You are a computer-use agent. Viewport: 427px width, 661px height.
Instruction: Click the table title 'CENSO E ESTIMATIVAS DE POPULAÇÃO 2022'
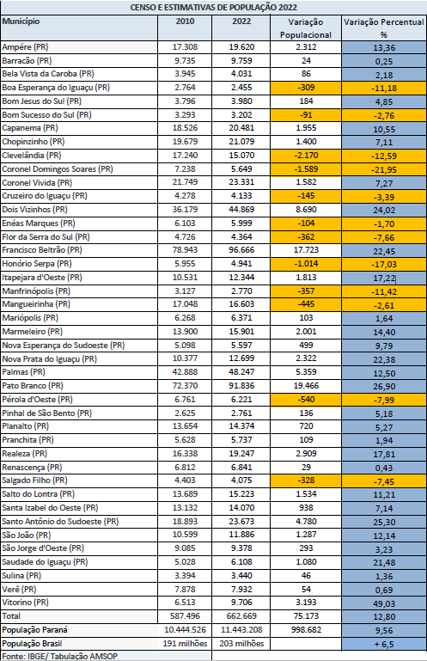[x=213, y=8]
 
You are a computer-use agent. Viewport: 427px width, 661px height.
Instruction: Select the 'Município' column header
[x=21, y=21]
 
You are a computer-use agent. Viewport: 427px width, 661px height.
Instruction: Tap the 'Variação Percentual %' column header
[x=383, y=28]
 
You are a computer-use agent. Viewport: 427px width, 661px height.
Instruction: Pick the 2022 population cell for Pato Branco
[x=241, y=386]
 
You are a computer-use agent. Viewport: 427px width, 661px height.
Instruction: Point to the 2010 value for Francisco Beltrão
[x=185, y=250]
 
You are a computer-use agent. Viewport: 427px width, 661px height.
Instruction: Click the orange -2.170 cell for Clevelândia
[x=306, y=155]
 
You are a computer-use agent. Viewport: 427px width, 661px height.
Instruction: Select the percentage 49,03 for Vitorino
[x=384, y=603]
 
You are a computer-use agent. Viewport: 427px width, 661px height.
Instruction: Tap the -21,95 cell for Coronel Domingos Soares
[x=384, y=170]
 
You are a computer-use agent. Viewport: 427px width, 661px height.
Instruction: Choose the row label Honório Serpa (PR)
[x=37, y=264]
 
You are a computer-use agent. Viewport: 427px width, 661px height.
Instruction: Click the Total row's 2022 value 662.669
[x=241, y=616]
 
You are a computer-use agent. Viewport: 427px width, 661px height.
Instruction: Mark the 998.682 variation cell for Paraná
[x=306, y=630]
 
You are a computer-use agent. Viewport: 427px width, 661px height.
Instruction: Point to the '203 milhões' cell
[x=241, y=644]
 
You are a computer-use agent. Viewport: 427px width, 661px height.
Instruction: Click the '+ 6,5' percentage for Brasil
[x=384, y=644]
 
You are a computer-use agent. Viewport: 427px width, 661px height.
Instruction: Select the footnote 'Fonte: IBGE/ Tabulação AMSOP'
[x=59, y=657]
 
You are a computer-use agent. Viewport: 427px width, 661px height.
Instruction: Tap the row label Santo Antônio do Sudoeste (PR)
[x=60, y=522]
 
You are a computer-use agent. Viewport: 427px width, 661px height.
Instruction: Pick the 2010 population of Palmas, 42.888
[x=185, y=372]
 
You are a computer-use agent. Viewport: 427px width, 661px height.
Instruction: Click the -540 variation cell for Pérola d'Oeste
[x=306, y=399]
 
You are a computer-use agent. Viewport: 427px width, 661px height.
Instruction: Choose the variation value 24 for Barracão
[x=306, y=61]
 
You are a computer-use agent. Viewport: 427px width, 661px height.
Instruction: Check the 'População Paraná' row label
[x=34, y=630]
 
